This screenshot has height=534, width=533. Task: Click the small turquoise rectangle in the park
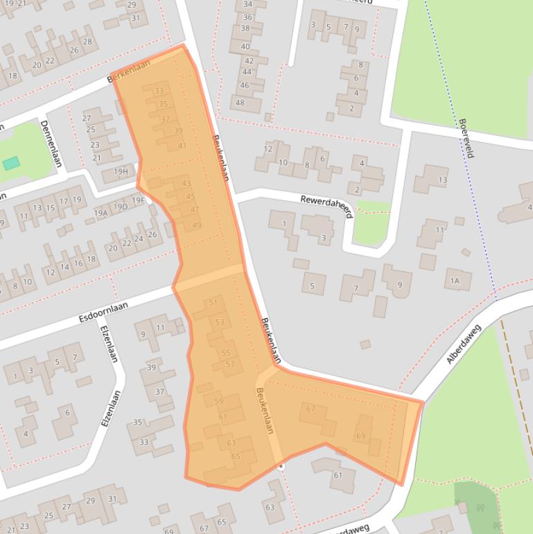[x=11, y=164]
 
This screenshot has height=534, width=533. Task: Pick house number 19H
[x=121, y=171]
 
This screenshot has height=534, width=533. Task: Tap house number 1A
[x=455, y=281]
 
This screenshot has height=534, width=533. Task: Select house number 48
[x=240, y=103]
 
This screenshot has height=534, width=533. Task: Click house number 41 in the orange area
[x=182, y=146]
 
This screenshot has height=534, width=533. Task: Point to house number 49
[x=197, y=225]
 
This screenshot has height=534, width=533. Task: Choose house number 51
[x=213, y=302]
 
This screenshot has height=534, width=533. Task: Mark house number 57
[x=230, y=364]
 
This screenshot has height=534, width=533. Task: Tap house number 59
[x=218, y=401]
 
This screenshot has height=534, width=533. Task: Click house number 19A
[x=101, y=213]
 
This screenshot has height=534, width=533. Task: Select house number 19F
[x=138, y=200]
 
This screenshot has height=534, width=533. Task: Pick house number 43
[x=186, y=184]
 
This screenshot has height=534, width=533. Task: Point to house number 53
[x=220, y=322]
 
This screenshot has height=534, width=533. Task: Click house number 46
[x=244, y=85]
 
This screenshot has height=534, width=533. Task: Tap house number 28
[x=87, y=42]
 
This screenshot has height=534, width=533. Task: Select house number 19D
[x=121, y=207]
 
